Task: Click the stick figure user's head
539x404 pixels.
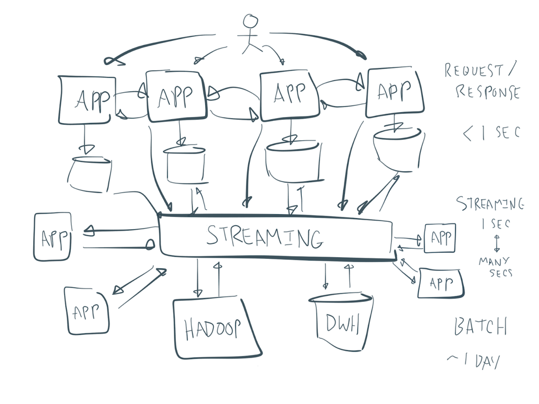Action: click(250, 22)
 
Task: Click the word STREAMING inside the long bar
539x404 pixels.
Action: click(264, 237)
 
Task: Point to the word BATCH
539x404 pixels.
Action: click(480, 327)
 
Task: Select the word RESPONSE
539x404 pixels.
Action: click(487, 92)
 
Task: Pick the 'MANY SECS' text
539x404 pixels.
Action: click(495, 267)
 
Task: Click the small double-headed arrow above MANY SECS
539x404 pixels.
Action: click(496, 243)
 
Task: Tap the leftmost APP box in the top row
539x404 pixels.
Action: click(87, 100)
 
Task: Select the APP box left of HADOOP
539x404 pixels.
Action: click(87, 311)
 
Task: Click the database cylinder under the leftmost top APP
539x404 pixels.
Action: click(89, 174)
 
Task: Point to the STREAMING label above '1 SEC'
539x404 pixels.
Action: click(489, 204)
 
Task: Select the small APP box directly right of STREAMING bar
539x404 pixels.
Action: click(440, 238)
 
